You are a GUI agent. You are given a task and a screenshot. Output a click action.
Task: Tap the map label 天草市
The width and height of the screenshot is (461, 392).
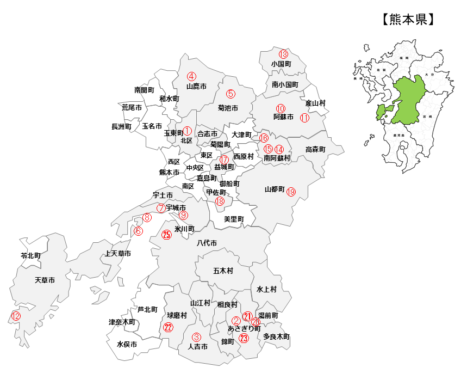(45, 280)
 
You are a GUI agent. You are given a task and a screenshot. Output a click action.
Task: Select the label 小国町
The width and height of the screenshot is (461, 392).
(281, 64)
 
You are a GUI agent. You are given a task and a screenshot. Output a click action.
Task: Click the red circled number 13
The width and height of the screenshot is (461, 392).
(283, 54)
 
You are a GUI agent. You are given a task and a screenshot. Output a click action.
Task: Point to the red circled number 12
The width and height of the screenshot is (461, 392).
(16, 316)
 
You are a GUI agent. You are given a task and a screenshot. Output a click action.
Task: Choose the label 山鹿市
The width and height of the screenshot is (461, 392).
(196, 87)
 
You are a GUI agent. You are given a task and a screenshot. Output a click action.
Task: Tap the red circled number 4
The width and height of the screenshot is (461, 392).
(191, 76)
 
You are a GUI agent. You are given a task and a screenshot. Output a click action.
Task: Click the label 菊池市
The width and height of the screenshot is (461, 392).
(228, 108)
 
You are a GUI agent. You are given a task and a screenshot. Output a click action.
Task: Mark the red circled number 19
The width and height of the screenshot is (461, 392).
(291, 192)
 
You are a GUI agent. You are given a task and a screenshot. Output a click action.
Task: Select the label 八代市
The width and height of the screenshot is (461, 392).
(207, 243)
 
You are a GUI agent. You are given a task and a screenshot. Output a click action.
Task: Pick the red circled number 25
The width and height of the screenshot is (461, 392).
(167, 235)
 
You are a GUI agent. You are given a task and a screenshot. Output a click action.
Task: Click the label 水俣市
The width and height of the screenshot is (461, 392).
(127, 345)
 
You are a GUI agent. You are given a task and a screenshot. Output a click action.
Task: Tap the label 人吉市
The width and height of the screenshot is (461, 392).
(197, 346)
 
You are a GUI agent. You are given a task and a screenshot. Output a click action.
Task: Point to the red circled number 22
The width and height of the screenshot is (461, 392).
(168, 327)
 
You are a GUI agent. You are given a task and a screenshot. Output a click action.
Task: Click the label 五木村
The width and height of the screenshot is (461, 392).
(223, 271)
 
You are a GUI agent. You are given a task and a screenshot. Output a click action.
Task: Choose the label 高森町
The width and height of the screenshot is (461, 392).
(315, 149)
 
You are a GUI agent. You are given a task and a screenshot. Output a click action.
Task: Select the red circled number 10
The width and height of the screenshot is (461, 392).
(281, 108)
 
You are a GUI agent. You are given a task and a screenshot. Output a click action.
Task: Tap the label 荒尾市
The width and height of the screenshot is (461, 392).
(132, 108)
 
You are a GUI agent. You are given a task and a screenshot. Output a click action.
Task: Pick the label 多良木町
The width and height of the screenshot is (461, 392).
(276, 337)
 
